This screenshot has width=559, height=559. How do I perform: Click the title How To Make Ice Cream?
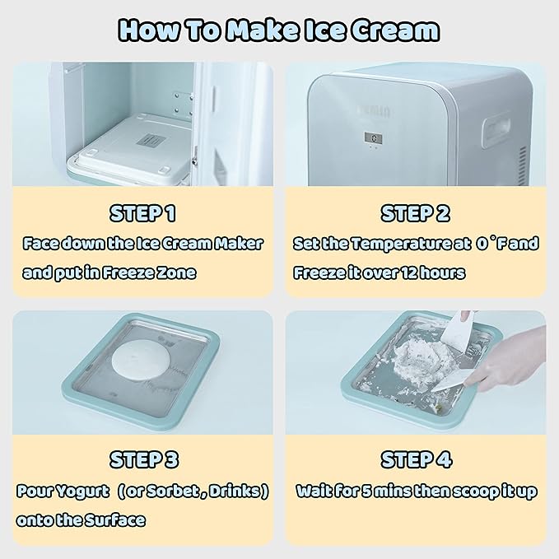(279, 30)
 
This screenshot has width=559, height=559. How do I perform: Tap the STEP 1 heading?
(142, 214)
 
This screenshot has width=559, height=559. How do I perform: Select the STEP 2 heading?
(416, 214)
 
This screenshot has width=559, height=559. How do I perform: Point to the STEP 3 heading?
(142, 459)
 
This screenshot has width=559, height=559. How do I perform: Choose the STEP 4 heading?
(416, 459)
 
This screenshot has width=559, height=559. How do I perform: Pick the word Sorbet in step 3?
(175, 491)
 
